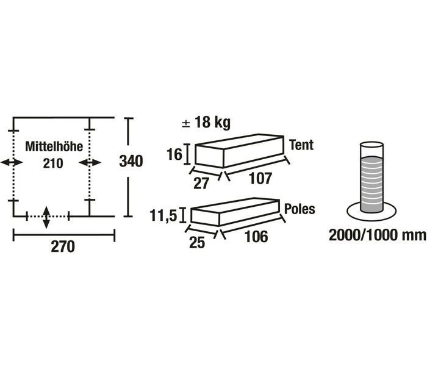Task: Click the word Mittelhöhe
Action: pos(54,146)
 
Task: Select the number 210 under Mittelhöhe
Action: pos(53,163)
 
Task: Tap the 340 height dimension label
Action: pos(131,161)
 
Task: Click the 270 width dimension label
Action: pos(63,246)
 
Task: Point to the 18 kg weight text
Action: pos(206,122)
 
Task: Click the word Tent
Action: pos(301,145)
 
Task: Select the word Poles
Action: pos(300,209)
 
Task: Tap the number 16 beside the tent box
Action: pos(174,155)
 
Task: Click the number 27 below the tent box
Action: pos(201,183)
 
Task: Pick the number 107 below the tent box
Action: pos(260,178)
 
